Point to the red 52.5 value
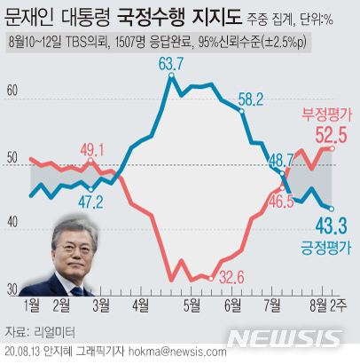[x=325, y=136]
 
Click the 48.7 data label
[x=281, y=161]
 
